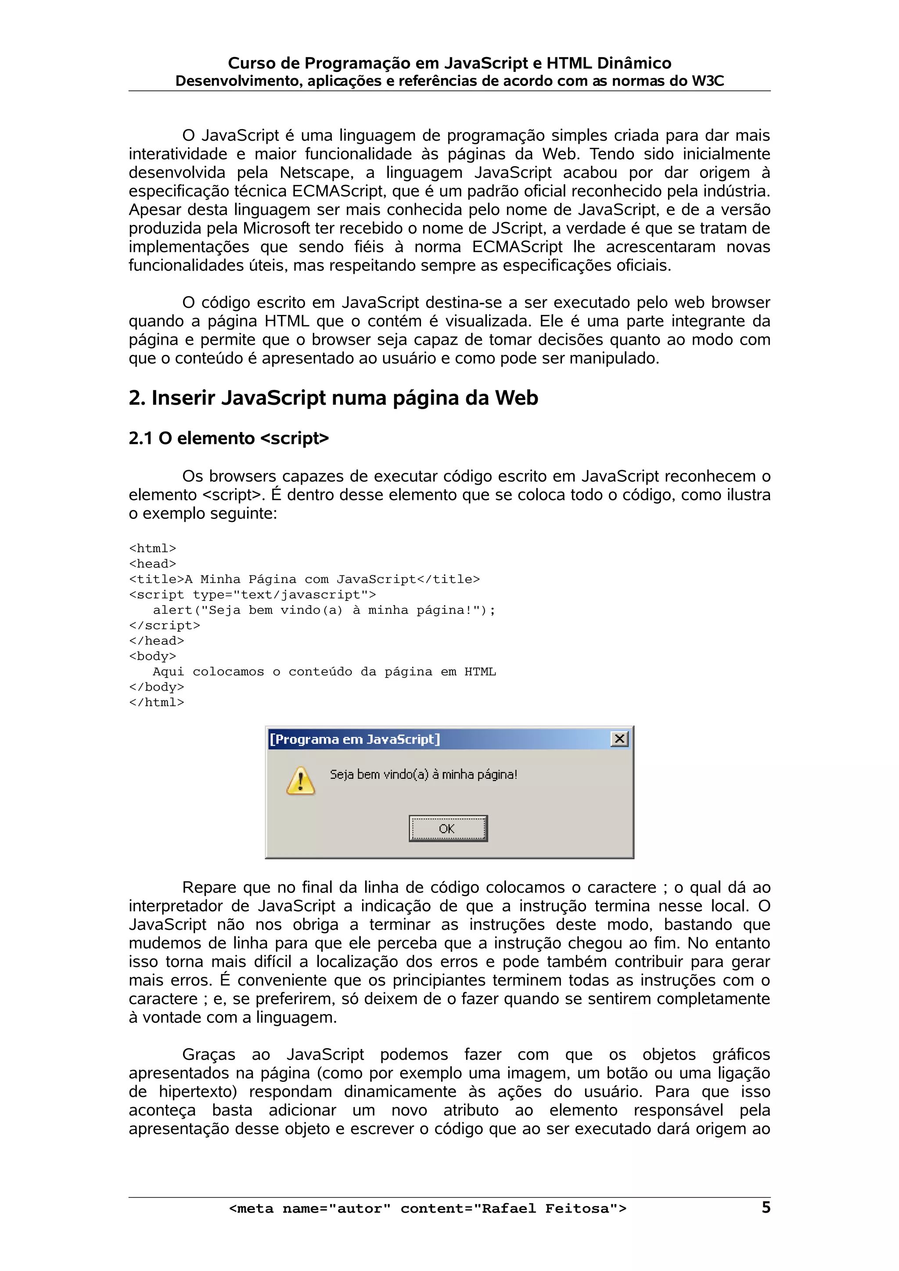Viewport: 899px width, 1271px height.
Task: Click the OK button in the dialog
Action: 448,829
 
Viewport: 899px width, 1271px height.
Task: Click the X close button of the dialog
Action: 619,739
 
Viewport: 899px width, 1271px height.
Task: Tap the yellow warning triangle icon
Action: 300,781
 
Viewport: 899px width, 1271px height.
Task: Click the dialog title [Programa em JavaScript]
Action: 355,739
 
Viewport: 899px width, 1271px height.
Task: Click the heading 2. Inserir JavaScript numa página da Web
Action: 333,398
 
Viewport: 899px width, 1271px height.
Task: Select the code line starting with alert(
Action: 324,610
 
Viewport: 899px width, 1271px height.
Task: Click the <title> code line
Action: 304,579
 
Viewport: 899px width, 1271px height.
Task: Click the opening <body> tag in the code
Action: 152,656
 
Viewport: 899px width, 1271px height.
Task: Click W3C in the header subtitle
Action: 707,82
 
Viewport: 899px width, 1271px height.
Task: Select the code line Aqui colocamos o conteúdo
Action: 324,671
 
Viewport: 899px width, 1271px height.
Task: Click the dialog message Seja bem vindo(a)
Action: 423,775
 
